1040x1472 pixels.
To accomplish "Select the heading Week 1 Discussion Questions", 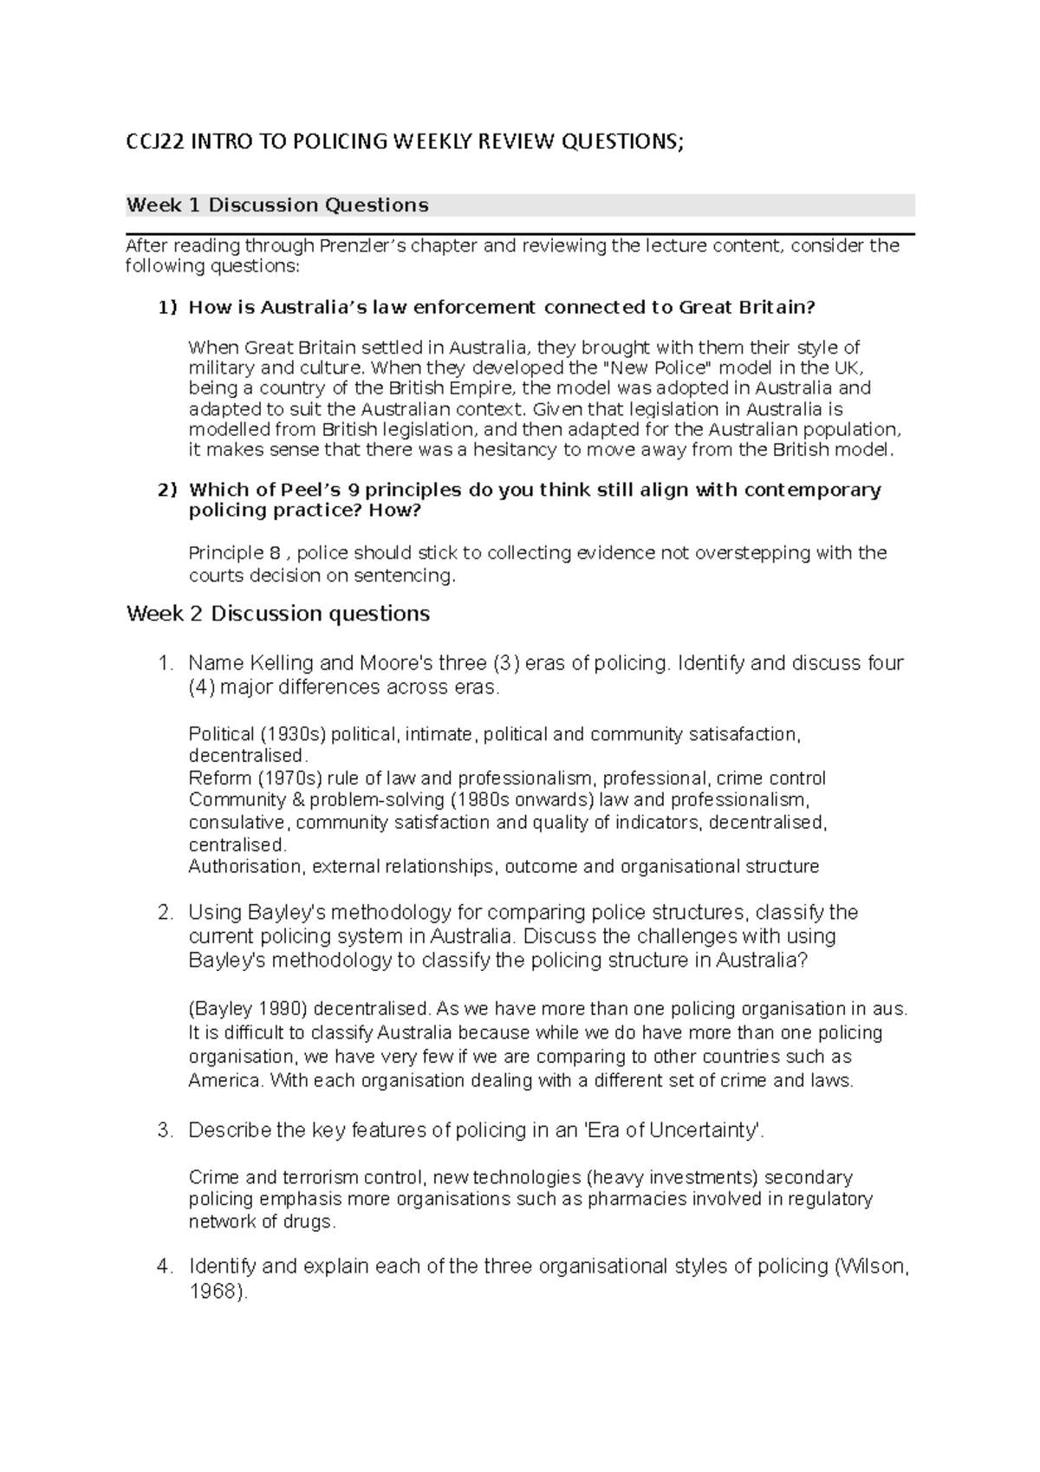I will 277,205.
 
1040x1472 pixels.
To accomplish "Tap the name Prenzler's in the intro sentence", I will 363,245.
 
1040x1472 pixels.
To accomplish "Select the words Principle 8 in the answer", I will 235,553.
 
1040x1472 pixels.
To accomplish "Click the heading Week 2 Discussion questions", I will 277,614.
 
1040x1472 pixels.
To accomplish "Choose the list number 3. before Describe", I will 166,1130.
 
